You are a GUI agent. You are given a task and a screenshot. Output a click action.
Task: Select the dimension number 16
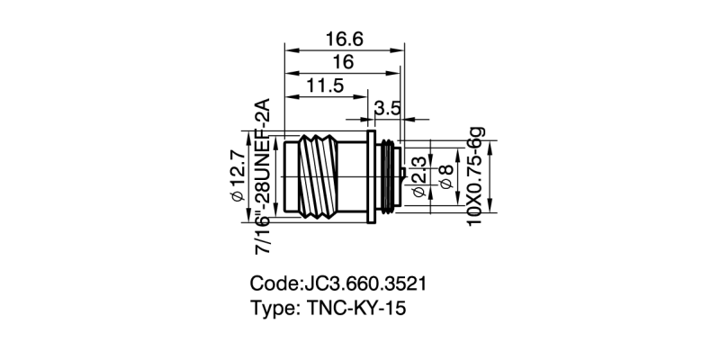343,62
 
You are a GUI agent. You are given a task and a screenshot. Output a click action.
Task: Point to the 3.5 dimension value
388,108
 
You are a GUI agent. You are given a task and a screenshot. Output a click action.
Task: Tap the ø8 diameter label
443,177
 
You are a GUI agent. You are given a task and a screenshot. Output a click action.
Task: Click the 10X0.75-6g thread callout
477,176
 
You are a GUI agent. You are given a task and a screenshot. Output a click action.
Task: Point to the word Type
272,307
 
